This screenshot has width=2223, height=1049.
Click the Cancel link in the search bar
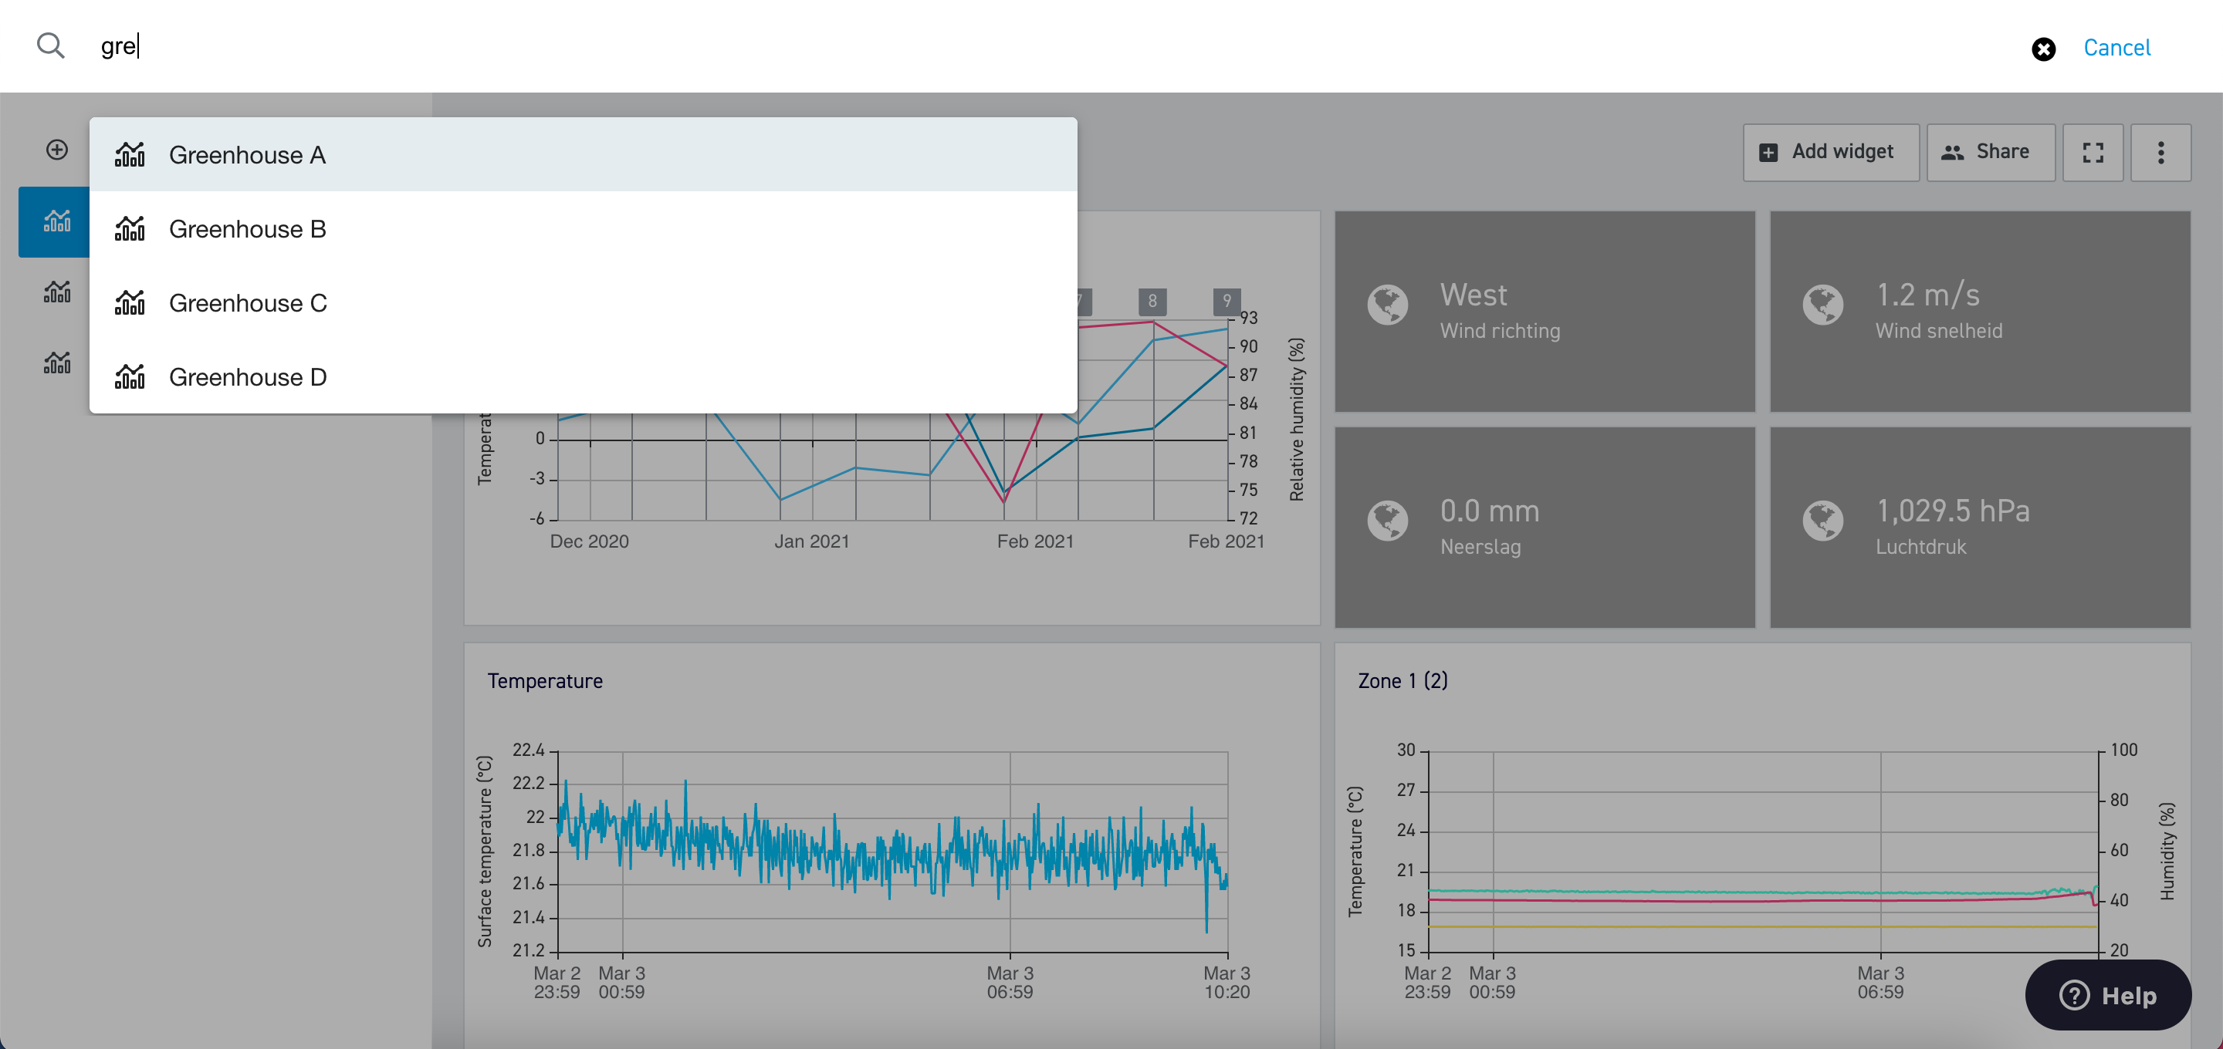coord(2116,48)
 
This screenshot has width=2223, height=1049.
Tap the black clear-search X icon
coord(2042,49)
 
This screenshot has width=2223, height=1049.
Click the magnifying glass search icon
coord(51,46)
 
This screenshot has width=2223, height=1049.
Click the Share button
coord(1990,153)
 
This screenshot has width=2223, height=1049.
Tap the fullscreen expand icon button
coord(2093,153)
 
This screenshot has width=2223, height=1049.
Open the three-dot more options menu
coord(2160,153)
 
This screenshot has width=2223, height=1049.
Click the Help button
coord(2107,995)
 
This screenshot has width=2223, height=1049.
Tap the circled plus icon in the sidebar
coord(57,150)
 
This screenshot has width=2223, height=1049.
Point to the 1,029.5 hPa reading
coord(1953,511)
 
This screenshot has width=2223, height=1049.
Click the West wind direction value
coord(1473,295)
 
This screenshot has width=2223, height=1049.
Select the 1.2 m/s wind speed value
coord(1928,295)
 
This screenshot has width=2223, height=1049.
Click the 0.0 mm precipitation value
coord(1490,511)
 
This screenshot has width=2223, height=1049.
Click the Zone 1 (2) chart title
coord(1402,680)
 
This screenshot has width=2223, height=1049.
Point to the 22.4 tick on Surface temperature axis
coord(529,750)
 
